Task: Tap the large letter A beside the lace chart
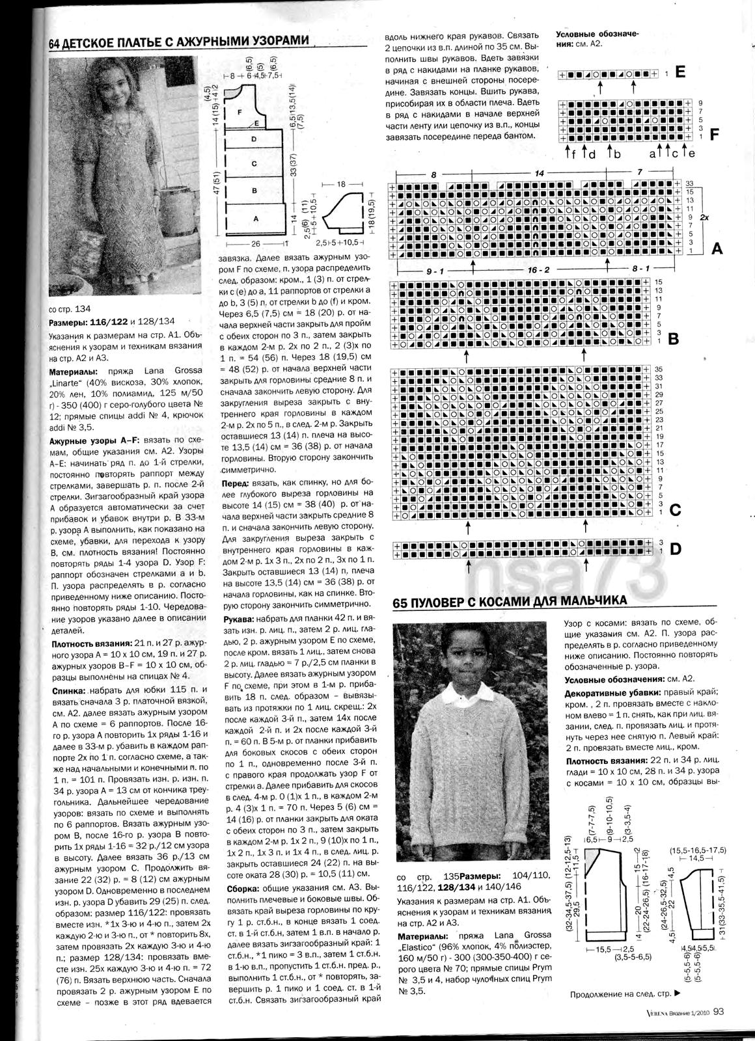717,248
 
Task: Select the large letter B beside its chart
674,339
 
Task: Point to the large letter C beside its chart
675,511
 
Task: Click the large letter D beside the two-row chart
676,550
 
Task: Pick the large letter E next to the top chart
681,73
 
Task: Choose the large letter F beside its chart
714,135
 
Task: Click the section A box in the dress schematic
256,219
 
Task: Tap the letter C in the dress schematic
255,163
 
